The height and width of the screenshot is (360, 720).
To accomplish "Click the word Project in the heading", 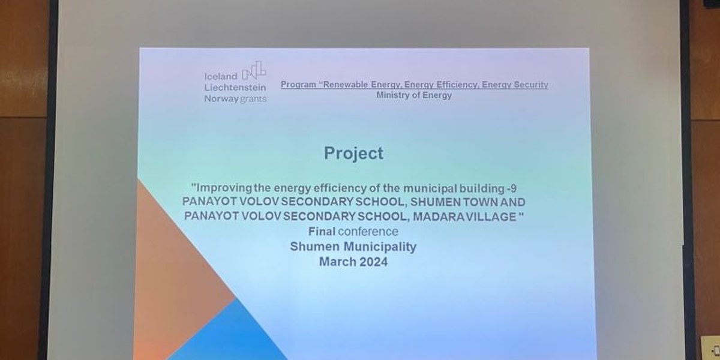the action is [x=353, y=154].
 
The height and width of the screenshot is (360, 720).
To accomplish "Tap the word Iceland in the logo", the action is [x=221, y=77].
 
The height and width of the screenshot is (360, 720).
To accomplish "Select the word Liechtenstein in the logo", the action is [x=235, y=88].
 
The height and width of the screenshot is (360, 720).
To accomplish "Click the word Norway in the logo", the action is [x=221, y=98].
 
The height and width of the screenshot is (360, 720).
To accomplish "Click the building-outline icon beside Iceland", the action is [x=254, y=70].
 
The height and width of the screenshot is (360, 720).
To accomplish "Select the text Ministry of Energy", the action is [x=414, y=95].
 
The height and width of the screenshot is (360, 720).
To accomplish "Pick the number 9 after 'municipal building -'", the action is [x=514, y=188].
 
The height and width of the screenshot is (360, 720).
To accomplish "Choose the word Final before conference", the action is [x=322, y=232].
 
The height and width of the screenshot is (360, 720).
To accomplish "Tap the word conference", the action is [x=368, y=232].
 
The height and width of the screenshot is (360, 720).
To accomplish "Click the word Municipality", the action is [x=380, y=247].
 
